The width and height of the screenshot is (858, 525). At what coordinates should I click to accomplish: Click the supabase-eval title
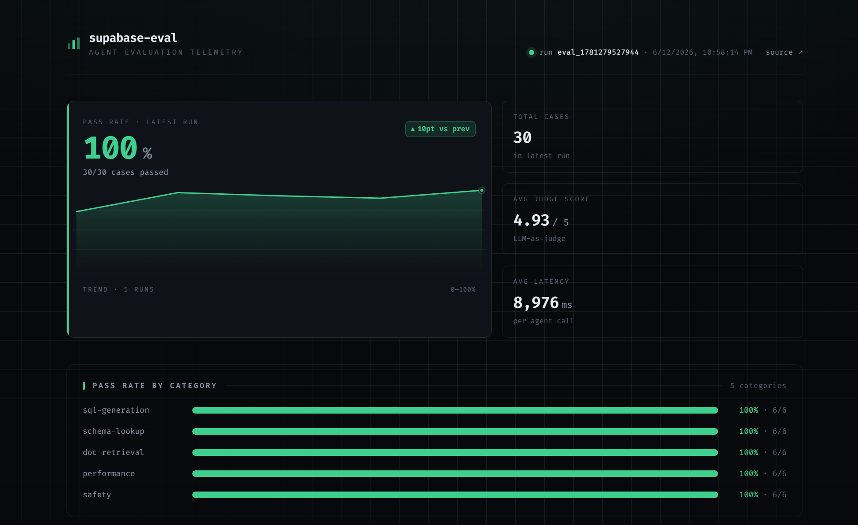pyautogui.click(x=133, y=38)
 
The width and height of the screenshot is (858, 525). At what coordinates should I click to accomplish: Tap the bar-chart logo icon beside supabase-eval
pyautogui.click(x=73, y=43)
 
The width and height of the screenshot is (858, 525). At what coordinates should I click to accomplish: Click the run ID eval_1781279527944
pyautogui.click(x=598, y=52)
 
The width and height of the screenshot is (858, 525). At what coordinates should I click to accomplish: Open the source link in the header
pyautogui.click(x=784, y=52)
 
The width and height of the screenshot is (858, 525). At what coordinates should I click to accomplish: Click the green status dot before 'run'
pyautogui.click(x=532, y=52)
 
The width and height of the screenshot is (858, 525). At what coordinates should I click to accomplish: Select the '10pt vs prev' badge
pyautogui.click(x=440, y=129)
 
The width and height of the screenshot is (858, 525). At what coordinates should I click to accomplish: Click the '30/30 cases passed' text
pyautogui.click(x=125, y=172)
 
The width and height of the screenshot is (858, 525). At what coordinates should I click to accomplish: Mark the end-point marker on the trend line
pyautogui.click(x=482, y=190)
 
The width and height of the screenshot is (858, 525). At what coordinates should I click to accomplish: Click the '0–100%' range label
pyautogui.click(x=463, y=289)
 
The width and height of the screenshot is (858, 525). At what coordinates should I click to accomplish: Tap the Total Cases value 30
pyautogui.click(x=522, y=138)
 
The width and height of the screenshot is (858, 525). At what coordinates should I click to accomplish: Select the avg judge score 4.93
pyautogui.click(x=531, y=220)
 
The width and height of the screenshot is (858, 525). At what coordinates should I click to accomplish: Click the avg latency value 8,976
pyautogui.click(x=536, y=303)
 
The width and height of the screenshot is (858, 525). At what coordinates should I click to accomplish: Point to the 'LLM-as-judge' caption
pyautogui.click(x=539, y=239)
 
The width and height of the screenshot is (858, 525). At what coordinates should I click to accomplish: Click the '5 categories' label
pyautogui.click(x=758, y=386)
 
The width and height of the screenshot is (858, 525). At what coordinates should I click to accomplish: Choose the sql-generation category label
pyautogui.click(x=116, y=410)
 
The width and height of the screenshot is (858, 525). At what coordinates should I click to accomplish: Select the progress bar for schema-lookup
pyautogui.click(x=455, y=432)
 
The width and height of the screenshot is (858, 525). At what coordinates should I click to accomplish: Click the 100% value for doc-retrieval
pyautogui.click(x=748, y=452)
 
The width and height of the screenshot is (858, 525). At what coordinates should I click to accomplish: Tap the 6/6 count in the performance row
pyautogui.click(x=779, y=473)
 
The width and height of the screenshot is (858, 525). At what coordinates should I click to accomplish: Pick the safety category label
pyautogui.click(x=97, y=495)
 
